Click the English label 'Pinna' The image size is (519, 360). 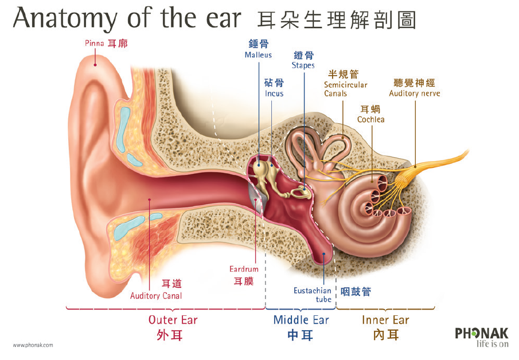94,43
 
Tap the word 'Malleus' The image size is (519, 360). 258,55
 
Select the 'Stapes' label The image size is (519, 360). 303,65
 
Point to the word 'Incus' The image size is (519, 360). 274,93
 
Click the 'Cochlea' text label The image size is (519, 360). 370,119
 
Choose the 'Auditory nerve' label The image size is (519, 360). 415,93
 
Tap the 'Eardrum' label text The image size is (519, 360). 244,269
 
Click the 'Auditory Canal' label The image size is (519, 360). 156,296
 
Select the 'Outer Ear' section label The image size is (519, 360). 173,320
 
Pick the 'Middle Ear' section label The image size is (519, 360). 301,320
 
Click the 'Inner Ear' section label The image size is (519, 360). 385,320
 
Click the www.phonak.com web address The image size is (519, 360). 33,345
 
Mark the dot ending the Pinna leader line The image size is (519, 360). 95,65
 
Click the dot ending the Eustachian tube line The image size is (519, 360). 323,254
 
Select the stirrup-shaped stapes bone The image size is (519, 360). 300,191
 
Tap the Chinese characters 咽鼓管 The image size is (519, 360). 356,292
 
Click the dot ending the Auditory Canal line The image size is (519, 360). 149,200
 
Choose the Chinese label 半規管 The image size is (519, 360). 344,74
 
